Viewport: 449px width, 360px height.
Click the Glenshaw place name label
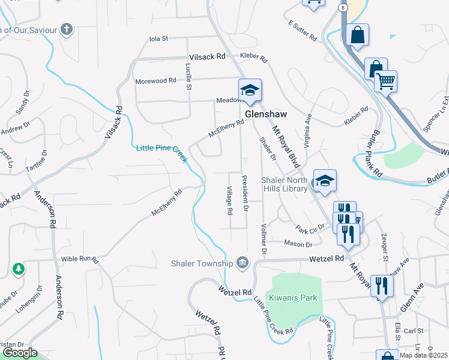[x=266, y=114]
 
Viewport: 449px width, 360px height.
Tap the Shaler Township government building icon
[x=243, y=262]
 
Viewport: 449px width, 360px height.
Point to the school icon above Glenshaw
[x=250, y=91]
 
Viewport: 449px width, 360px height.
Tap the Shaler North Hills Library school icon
[x=324, y=181]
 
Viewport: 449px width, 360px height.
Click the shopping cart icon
[x=385, y=81]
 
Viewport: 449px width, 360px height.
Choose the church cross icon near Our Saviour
[x=67, y=29]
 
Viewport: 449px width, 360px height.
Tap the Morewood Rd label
[x=155, y=80]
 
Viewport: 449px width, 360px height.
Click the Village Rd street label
[x=229, y=200]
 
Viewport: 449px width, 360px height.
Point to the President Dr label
[x=245, y=193]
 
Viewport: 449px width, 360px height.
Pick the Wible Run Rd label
[x=79, y=259]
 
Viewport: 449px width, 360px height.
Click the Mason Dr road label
[x=298, y=244]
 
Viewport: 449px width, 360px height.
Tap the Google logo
[x=20, y=353]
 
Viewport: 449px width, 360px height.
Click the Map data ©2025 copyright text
[x=424, y=355]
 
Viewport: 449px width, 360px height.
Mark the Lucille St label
[x=188, y=76]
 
